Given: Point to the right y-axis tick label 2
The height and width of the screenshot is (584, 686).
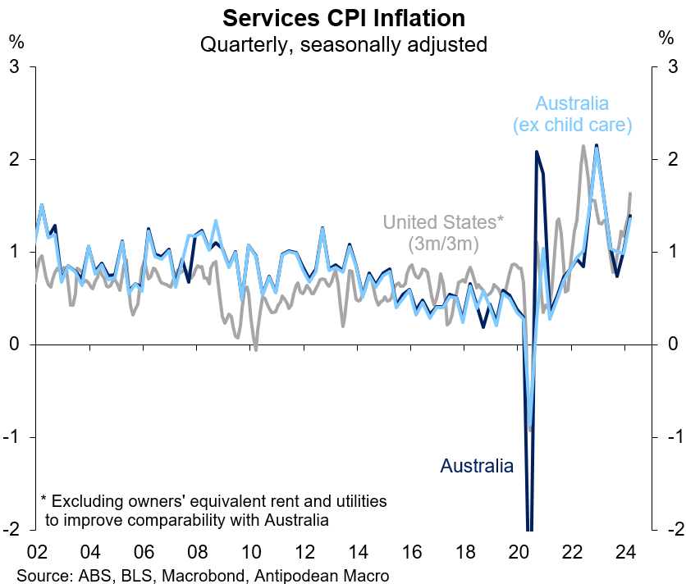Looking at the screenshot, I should pos(671,159).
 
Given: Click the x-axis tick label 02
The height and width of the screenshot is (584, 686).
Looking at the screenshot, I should pos(35,551).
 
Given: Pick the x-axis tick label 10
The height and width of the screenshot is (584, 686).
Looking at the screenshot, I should pos(250,551).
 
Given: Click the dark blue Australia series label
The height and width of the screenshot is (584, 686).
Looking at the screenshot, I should pos(477,466).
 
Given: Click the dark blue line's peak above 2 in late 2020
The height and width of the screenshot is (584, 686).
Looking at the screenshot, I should pos(537,152).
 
